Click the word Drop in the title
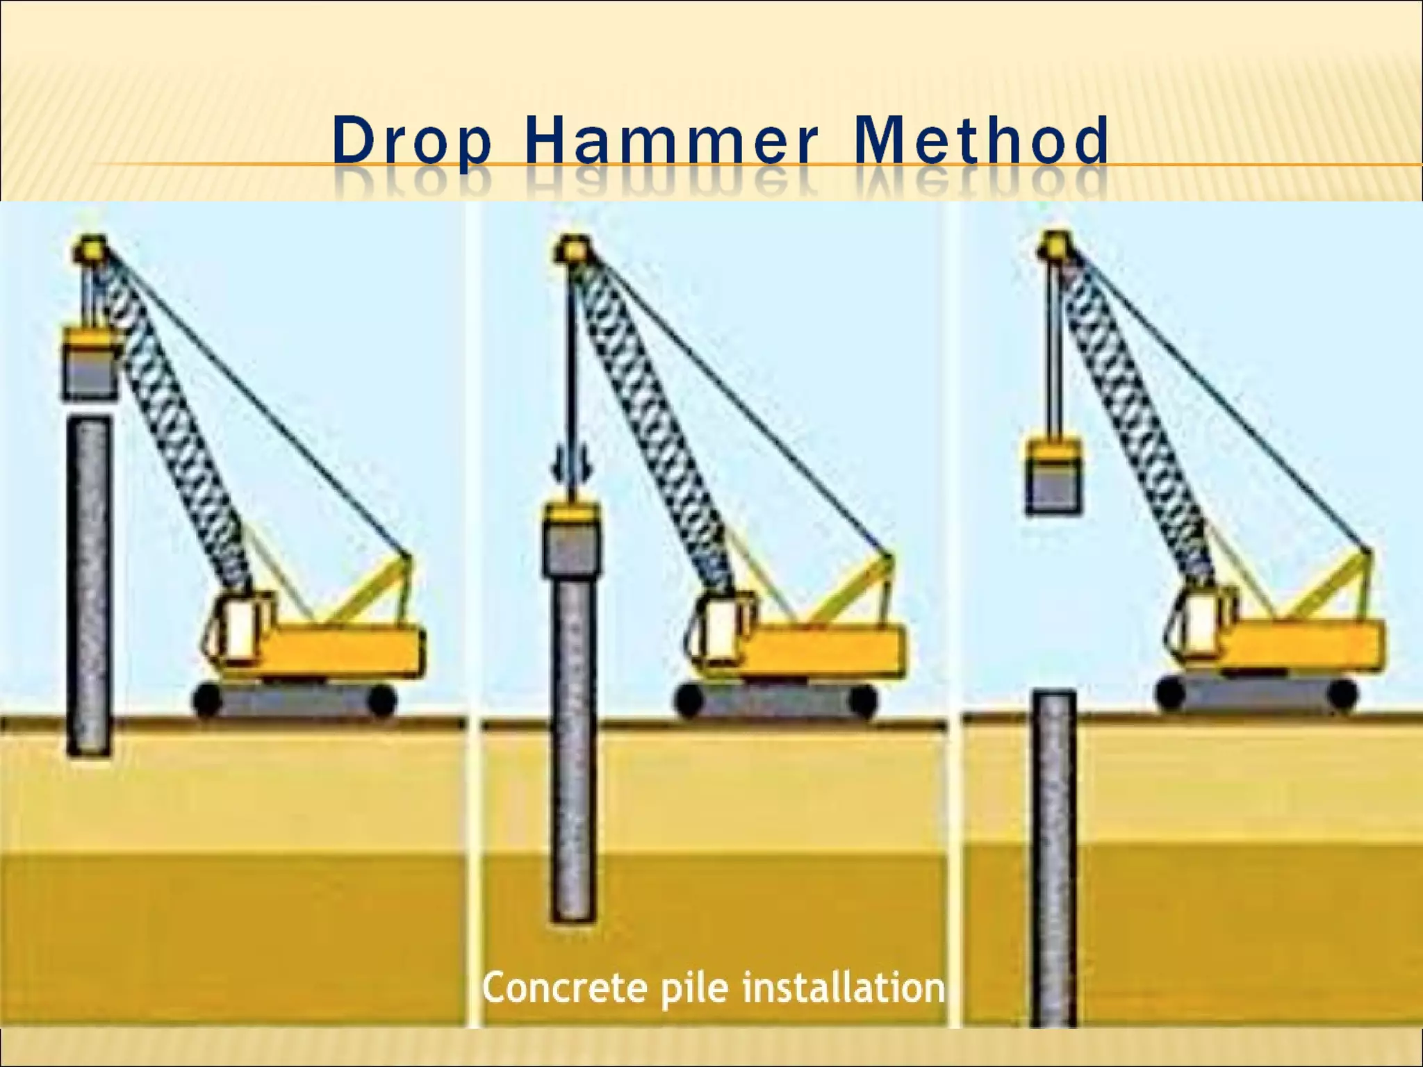(411, 142)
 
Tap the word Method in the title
(981, 142)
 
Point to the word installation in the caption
(843, 988)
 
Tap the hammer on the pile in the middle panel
(570, 541)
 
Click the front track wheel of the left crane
(206, 702)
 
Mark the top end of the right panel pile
(1053, 696)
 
